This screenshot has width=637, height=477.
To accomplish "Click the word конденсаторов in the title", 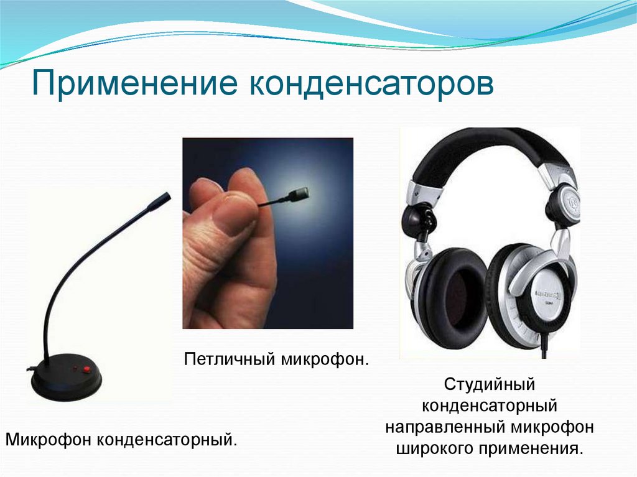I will pyautogui.click(x=371, y=83).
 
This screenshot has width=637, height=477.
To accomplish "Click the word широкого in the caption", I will pyautogui.click(x=432, y=448).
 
